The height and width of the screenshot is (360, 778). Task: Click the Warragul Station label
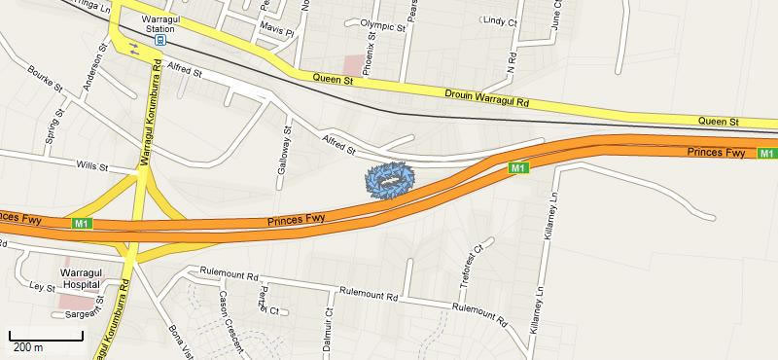pyautogui.click(x=160, y=23)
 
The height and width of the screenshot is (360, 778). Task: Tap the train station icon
pyautogui.click(x=160, y=40)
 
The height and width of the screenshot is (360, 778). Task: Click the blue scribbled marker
pyautogui.click(x=389, y=181)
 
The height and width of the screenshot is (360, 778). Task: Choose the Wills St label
pyautogui.click(x=92, y=166)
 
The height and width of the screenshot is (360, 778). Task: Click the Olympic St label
pyautogui.click(x=382, y=25)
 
